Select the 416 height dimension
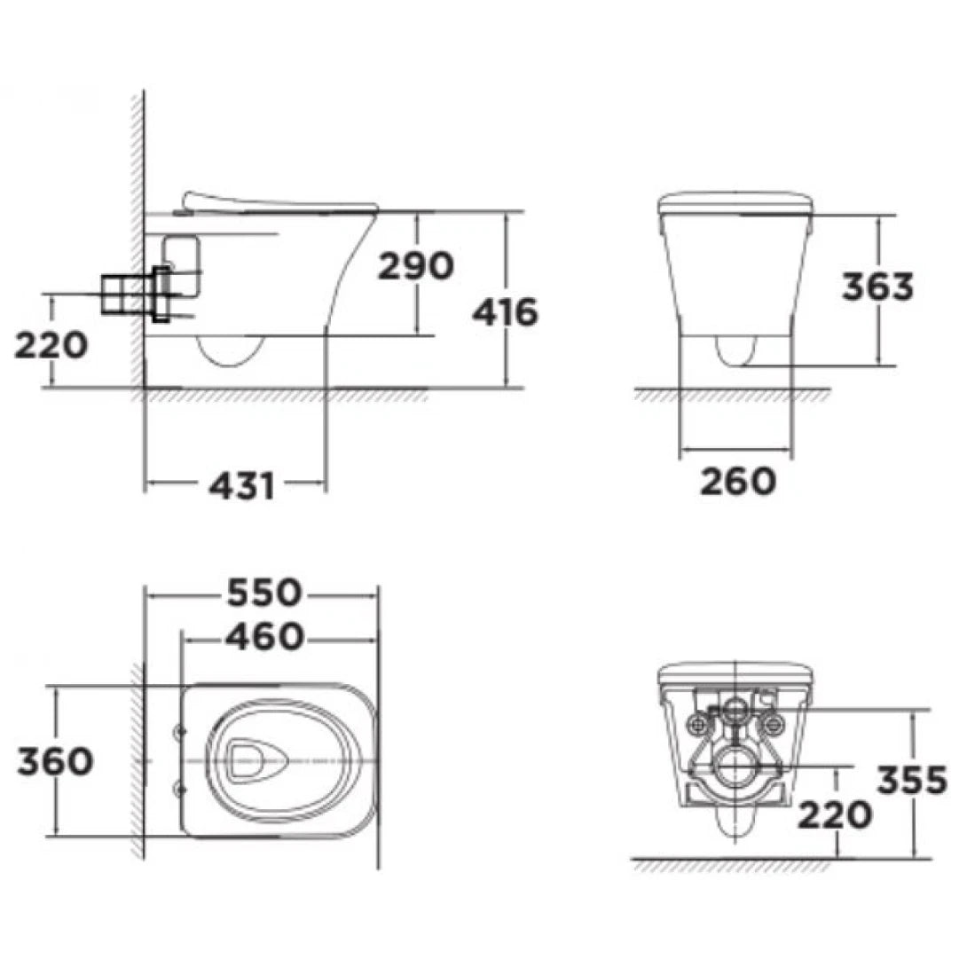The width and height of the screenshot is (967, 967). (504, 312)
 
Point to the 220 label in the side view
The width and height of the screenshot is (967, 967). (51, 344)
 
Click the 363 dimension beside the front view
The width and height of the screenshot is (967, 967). (877, 287)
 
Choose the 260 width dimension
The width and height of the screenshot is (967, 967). (737, 482)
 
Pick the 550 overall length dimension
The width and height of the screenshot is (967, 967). (264, 594)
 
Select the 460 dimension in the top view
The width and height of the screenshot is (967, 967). (264, 636)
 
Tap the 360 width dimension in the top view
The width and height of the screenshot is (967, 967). (54, 761)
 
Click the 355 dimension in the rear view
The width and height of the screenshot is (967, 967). (911, 780)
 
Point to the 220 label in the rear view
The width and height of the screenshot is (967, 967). (833, 814)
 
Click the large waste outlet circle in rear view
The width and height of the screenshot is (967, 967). (735, 768)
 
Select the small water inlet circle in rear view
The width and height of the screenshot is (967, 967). (735, 710)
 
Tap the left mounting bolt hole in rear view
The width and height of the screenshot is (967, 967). (698, 724)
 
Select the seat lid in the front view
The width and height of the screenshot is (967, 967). (735, 203)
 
